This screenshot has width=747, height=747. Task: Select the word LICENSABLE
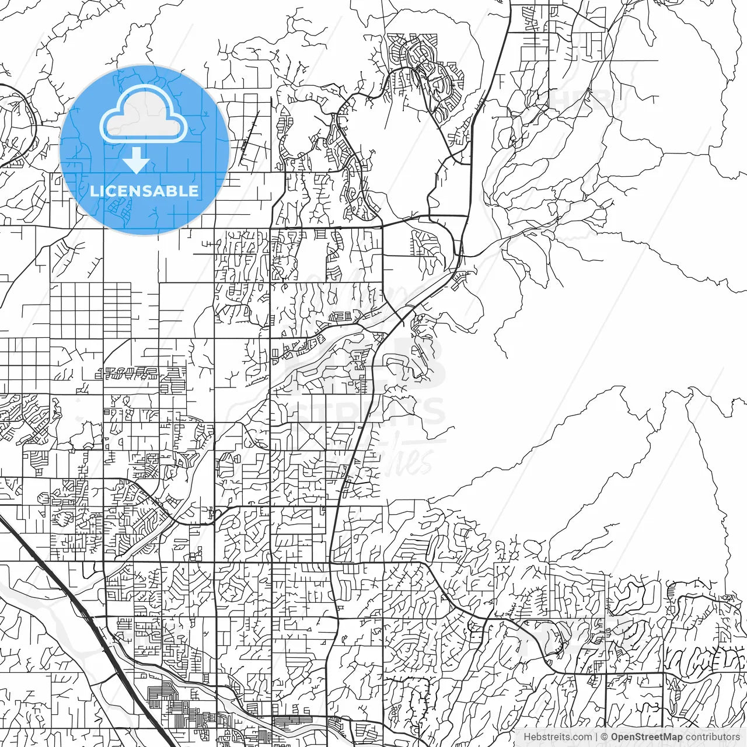click(144, 191)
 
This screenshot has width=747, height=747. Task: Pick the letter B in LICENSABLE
click(173, 191)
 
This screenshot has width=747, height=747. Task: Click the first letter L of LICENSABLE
click(93, 191)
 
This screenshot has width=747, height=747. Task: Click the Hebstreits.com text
click(557, 737)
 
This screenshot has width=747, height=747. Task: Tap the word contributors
click(713, 737)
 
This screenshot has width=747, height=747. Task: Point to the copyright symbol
click(605, 737)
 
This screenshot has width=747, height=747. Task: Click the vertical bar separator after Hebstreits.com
click(596, 737)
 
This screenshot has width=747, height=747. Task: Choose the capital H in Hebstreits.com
click(527, 737)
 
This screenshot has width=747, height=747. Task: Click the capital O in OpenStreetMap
click(615, 737)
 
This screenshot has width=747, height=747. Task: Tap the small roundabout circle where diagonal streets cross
click(312, 435)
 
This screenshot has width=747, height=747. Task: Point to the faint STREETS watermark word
click(373, 411)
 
